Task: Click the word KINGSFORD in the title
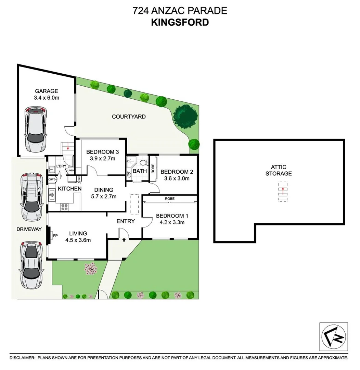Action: tap(180, 22)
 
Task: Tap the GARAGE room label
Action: tap(47, 91)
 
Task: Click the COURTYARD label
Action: tap(129, 116)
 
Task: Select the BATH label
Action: tap(140, 171)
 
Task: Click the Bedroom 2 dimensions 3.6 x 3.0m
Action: tap(175, 178)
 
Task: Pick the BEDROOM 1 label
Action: tap(170, 216)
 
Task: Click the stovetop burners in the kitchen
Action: tap(64, 207)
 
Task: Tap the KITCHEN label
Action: tap(69, 189)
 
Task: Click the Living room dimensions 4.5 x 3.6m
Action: tap(78, 240)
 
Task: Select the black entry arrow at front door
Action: tap(124, 239)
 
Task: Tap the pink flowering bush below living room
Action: tap(90, 268)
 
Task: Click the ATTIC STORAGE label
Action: tap(279, 170)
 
